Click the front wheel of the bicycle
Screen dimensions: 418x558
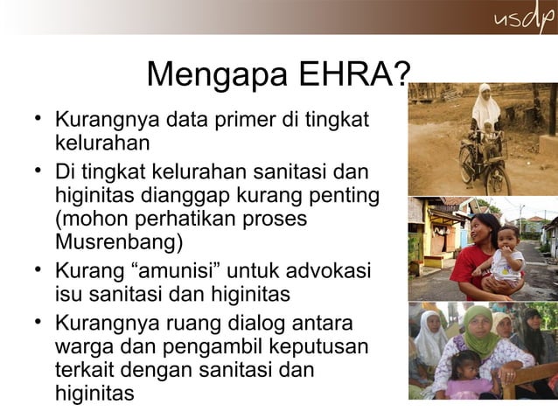[498, 179]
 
